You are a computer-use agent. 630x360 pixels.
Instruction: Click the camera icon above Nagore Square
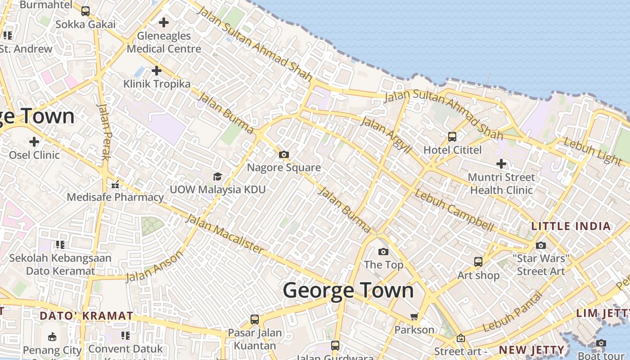(x=283, y=155)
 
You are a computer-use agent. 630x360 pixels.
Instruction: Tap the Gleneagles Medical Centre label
(x=164, y=42)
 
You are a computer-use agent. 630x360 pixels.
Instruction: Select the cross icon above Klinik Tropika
(x=156, y=71)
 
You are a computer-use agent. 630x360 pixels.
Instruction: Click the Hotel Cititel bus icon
(x=452, y=136)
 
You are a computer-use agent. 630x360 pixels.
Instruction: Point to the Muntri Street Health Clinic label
(x=501, y=184)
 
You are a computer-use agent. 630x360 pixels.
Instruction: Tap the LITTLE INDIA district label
(x=571, y=226)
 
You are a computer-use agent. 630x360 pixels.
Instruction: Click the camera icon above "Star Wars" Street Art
(x=541, y=245)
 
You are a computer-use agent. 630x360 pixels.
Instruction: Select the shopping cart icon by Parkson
(x=414, y=316)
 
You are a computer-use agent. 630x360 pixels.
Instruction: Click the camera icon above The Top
(x=383, y=252)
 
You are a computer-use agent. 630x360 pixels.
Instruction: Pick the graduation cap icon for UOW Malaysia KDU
(x=217, y=176)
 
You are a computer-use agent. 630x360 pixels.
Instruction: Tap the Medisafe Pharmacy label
(x=115, y=197)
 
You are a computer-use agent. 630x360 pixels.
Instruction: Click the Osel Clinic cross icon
(x=34, y=142)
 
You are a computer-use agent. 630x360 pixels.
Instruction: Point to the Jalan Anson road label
(x=154, y=266)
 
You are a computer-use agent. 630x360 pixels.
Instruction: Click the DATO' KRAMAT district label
(x=86, y=316)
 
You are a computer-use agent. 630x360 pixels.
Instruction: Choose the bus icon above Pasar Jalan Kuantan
(x=255, y=319)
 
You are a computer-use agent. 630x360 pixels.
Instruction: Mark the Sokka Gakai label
(x=85, y=24)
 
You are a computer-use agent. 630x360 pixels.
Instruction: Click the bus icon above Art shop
(x=478, y=261)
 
